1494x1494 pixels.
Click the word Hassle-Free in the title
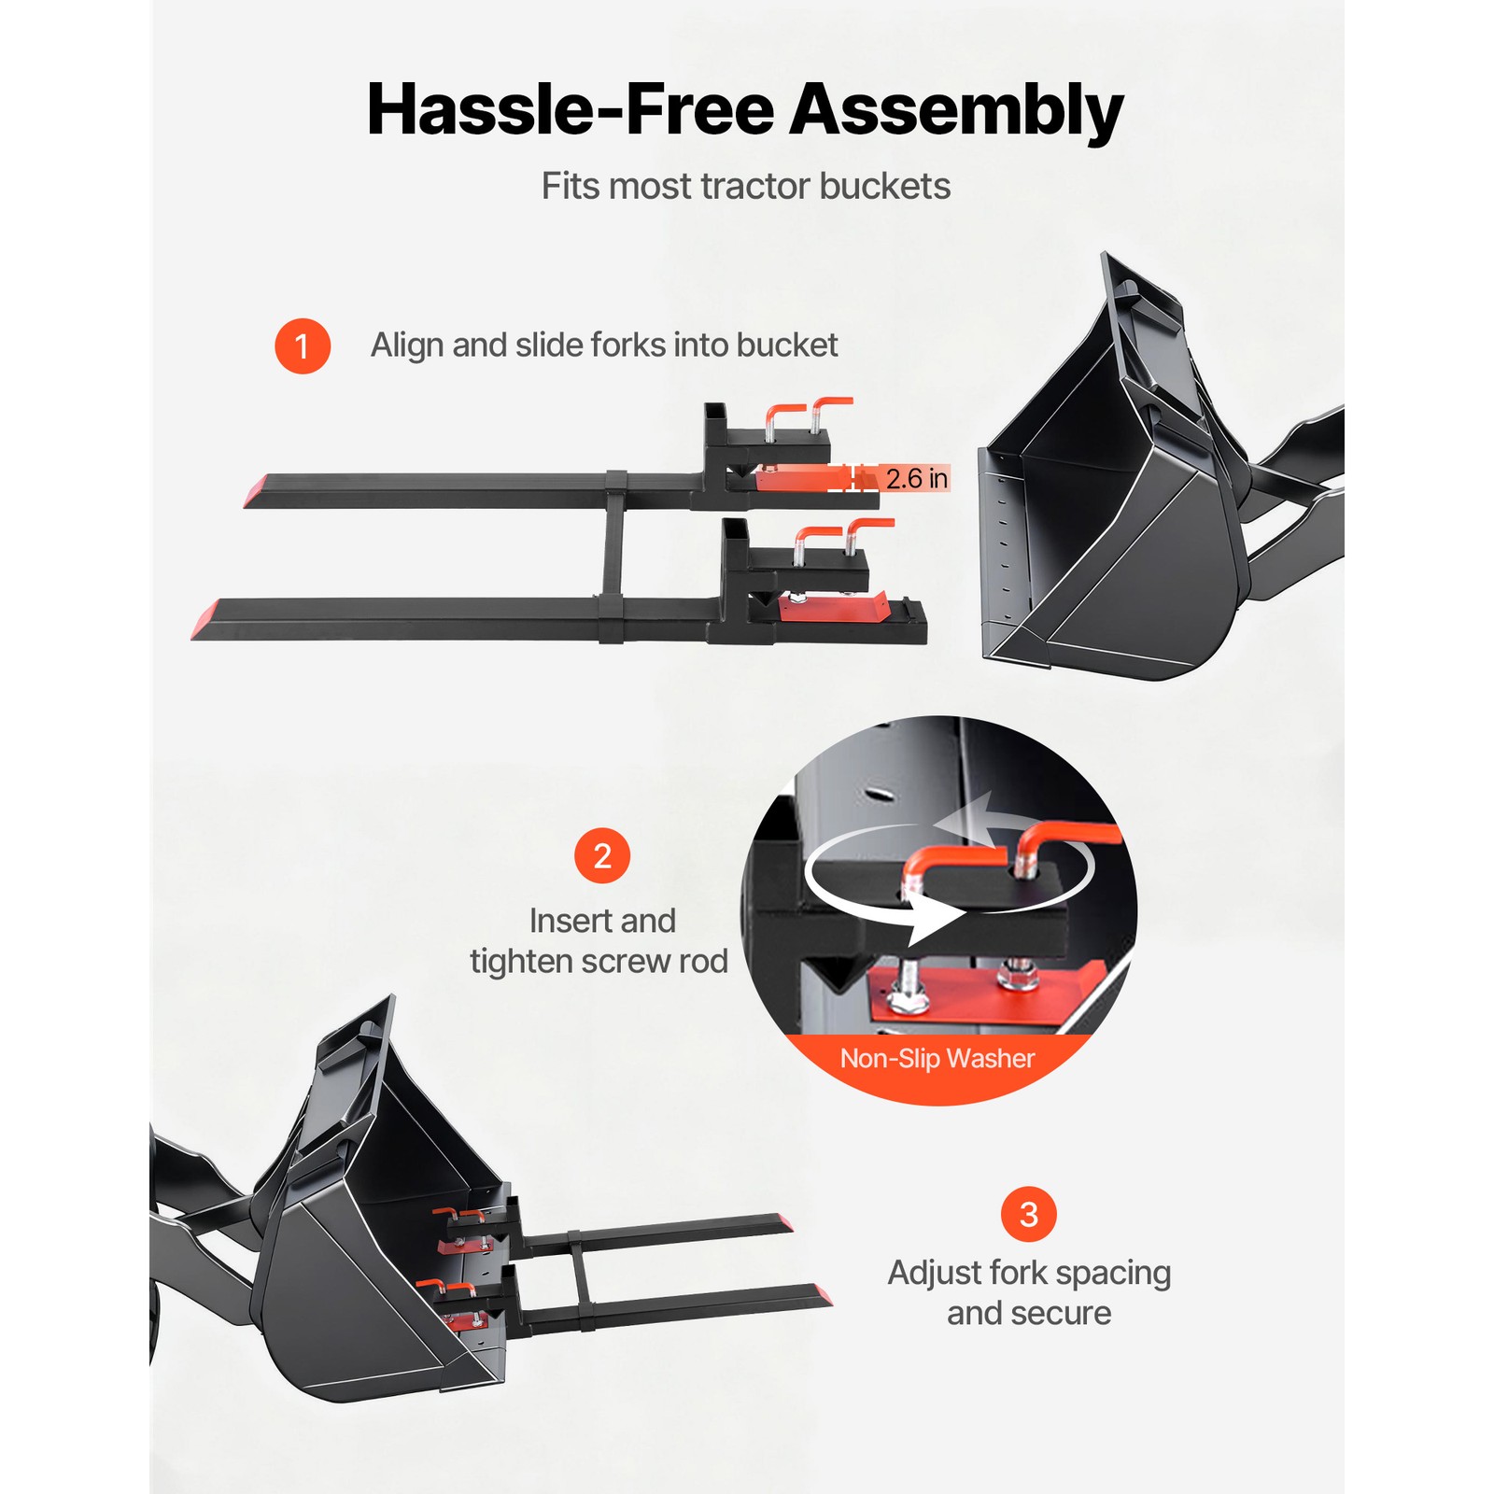click(x=571, y=110)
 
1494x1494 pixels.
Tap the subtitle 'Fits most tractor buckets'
click(x=745, y=187)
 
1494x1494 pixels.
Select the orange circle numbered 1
click(x=302, y=346)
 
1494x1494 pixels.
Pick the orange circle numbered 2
click(x=602, y=855)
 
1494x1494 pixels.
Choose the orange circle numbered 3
click(x=1028, y=1214)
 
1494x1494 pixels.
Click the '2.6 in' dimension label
click(x=916, y=479)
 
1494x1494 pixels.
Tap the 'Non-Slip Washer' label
click(x=937, y=1058)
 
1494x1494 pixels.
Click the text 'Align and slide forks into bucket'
click(x=604, y=345)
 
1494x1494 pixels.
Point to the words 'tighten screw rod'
click(x=599, y=961)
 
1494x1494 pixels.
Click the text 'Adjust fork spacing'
click(x=1029, y=1272)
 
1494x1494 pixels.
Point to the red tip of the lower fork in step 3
click(x=821, y=1295)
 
